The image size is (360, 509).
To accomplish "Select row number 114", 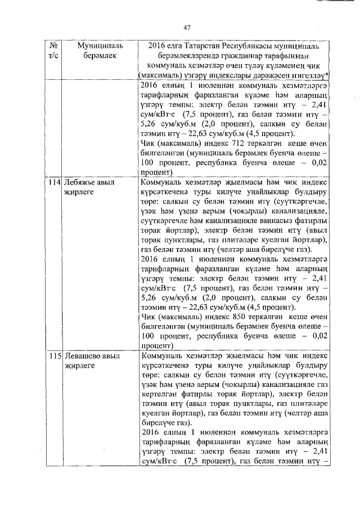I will pyautogui.click(x=55, y=183).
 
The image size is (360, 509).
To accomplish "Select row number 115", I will pyautogui.click(x=55, y=356).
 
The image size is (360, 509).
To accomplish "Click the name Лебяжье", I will pyautogui.click(x=80, y=183).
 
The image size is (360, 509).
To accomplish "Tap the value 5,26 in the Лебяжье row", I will pyautogui.click(x=150, y=298).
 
